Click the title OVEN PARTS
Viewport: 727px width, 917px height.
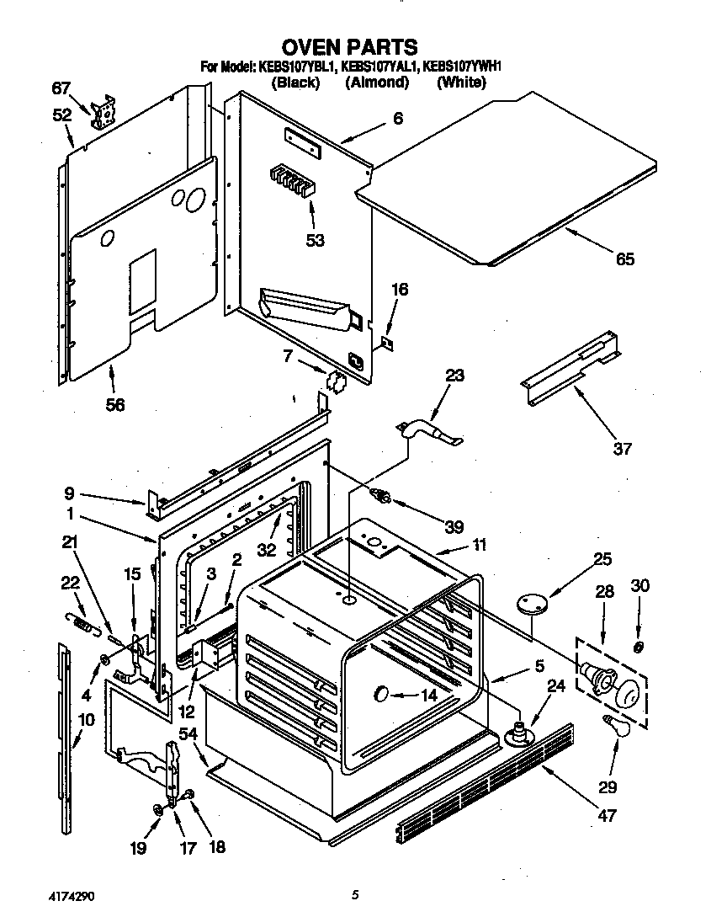(348, 46)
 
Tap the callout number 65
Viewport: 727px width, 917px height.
(624, 259)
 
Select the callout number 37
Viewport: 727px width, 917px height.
(622, 449)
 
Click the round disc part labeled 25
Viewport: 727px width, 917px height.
(532, 603)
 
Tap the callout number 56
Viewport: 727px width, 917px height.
(115, 406)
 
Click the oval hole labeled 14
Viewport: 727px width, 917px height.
(380, 694)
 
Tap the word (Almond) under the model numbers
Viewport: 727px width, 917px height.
(376, 83)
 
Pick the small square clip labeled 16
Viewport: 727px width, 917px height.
(388, 343)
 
